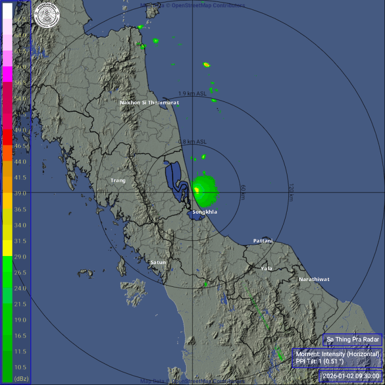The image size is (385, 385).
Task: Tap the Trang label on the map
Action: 118,180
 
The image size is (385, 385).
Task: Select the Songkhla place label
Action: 205,212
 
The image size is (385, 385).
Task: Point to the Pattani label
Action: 263,241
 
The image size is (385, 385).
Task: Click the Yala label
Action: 266,268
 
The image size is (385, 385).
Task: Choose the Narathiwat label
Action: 314,279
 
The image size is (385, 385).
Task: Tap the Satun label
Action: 158,262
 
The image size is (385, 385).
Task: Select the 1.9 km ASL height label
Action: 192,93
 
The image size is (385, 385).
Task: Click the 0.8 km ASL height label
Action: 192,142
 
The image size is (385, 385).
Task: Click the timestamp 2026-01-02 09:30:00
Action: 351,376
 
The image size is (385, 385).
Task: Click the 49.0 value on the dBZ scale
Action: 20,130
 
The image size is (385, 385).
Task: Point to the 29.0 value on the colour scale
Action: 20,257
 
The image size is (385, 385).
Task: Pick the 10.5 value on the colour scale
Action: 20,367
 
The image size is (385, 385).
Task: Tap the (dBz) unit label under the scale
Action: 21,379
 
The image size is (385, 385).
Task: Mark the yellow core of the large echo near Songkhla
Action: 196,190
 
